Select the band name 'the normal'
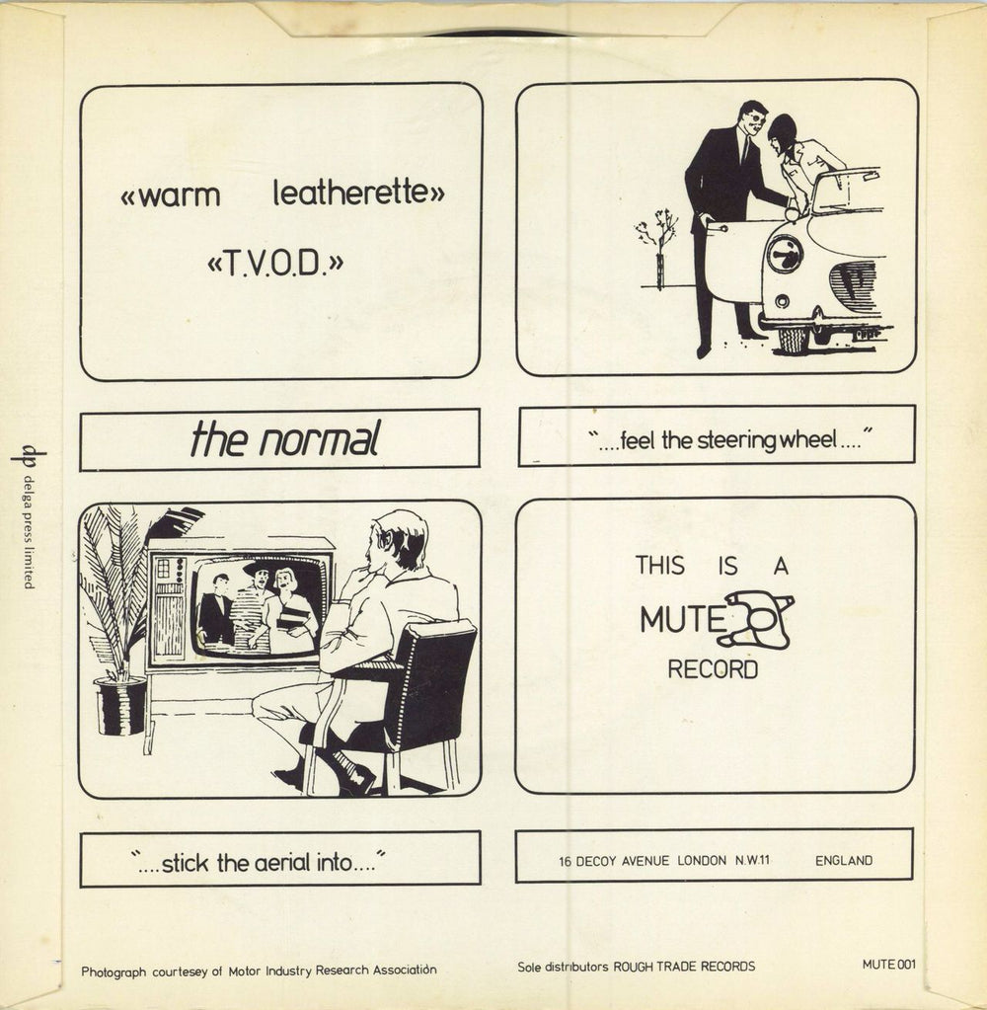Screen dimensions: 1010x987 pos(284,440)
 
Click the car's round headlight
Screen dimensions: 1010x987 pos(785,254)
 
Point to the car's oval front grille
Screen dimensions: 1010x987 pos(853,286)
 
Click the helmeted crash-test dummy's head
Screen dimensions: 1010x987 pos(783,132)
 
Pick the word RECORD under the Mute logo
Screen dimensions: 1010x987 pos(713,669)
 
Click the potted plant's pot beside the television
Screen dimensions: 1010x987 pos(120,705)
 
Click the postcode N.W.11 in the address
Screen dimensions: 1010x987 pos(751,860)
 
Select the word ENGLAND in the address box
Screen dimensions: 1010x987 pos(843,860)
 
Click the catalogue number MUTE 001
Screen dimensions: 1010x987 pos(888,965)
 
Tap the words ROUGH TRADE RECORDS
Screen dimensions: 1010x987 pos(684,967)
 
